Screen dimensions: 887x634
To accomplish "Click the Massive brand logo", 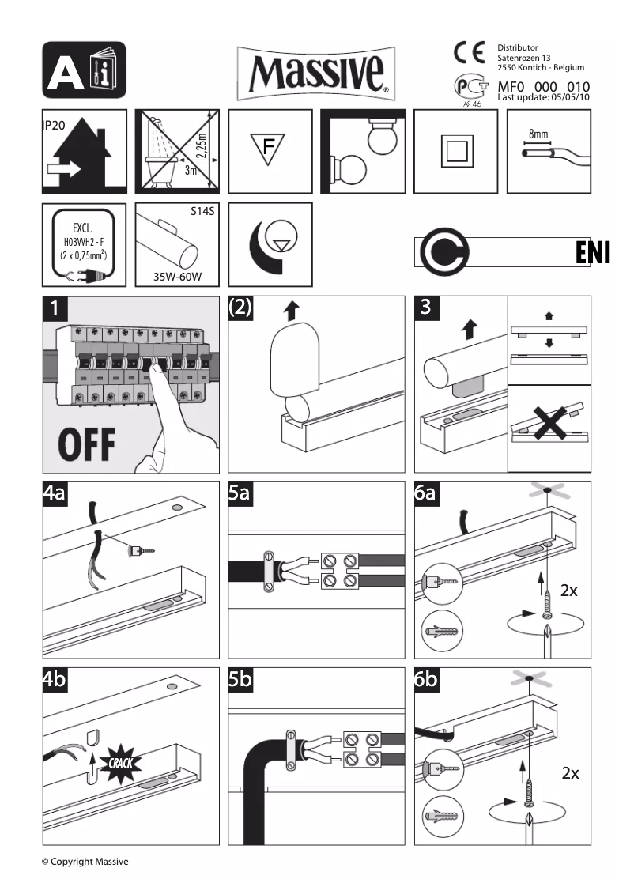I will point(316,72).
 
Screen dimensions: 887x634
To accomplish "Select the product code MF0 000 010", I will point(544,86).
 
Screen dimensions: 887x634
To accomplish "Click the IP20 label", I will point(54,126).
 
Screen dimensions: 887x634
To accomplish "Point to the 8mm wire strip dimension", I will point(539,134).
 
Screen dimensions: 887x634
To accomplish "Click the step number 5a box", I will point(240,495).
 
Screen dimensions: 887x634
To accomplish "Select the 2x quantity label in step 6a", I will point(569,590).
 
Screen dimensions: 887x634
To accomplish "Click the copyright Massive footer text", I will point(85,861).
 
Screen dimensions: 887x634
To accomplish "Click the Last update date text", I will point(544,97).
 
